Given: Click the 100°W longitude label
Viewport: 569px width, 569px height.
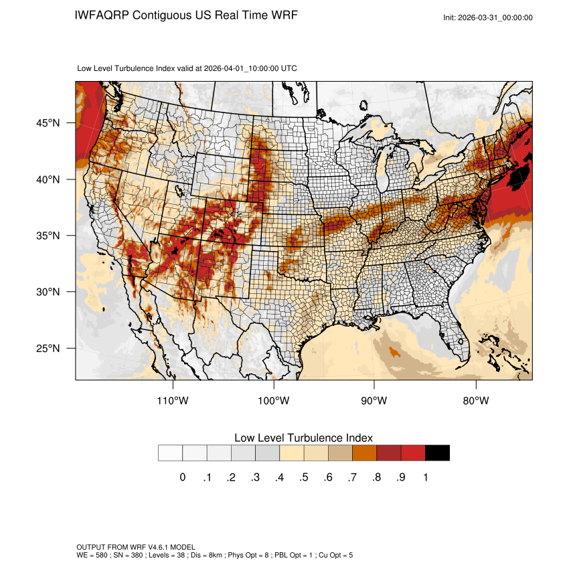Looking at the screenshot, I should pyautogui.click(x=274, y=401).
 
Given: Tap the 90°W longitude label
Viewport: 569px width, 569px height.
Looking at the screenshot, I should pyautogui.click(x=374, y=401).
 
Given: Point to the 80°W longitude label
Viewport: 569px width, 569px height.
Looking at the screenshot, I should pyautogui.click(x=475, y=401).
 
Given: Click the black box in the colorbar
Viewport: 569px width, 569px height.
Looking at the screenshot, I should pyautogui.click(x=437, y=453).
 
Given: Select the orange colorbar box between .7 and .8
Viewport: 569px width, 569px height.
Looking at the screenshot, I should pyautogui.click(x=365, y=453).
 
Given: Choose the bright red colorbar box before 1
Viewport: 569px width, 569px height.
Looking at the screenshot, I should pyautogui.click(x=413, y=453).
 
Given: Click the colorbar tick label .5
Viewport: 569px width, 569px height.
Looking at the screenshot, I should pyautogui.click(x=304, y=477).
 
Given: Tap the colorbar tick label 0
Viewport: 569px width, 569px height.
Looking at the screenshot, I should pyautogui.click(x=183, y=477).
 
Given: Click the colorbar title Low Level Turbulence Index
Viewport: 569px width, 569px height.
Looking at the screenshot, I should pyautogui.click(x=303, y=438).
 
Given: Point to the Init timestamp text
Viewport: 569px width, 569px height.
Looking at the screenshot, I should pyautogui.click(x=488, y=17).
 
